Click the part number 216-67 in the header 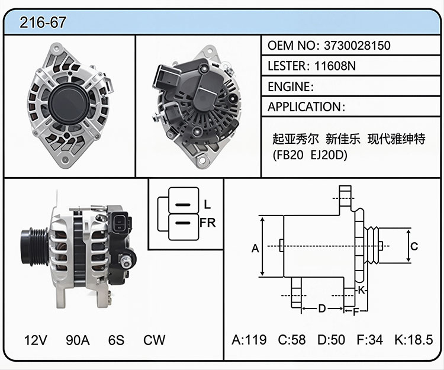coord(43,22)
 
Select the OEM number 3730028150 coord(357,46)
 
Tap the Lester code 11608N coord(335,66)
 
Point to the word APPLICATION coord(304,107)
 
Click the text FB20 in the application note coord(289,155)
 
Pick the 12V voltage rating coord(36,340)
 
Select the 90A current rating coord(78,340)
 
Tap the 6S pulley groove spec coord(116,340)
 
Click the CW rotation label coord(154,340)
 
